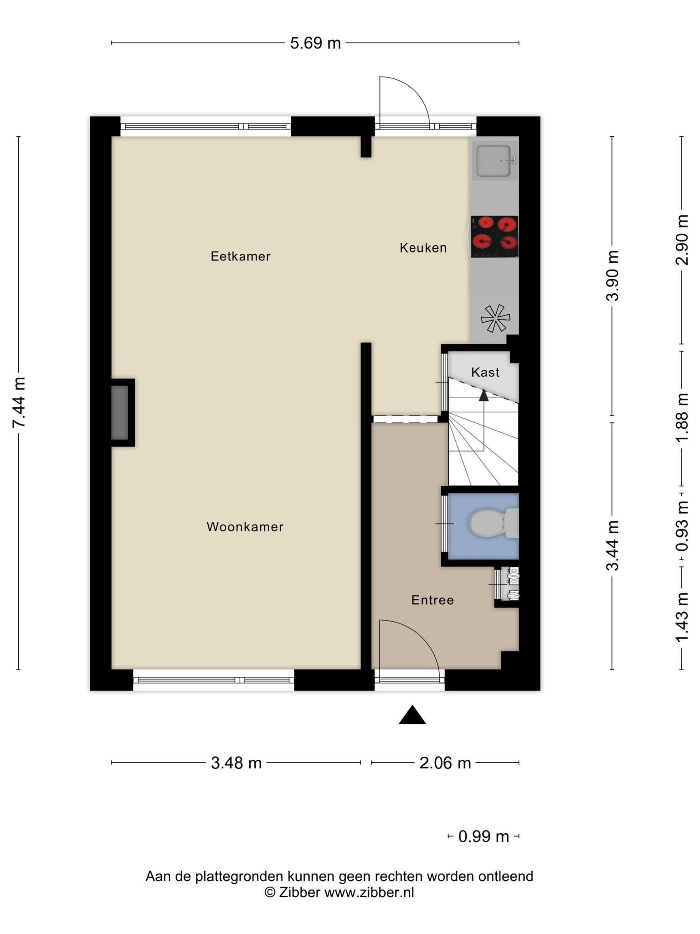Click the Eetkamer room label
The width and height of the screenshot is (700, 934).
[x=241, y=256]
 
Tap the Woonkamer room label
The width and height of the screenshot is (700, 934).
[x=245, y=527]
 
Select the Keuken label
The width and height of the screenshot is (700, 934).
[x=423, y=248]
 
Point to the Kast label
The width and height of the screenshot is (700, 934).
[x=485, y=372]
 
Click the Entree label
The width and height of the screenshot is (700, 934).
[x=432, y=600]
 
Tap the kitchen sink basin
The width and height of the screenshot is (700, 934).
[x=494, y=161]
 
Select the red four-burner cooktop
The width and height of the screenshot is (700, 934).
[x=494, y=237]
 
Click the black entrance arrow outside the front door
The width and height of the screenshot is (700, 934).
[x=412, y=715]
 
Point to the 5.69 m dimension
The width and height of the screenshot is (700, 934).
[x=315, y=43]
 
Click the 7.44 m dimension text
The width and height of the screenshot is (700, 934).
[x=19, y=402]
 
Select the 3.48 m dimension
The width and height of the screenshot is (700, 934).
[x=236, y=763]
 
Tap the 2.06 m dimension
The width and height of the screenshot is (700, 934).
[x=445, y=763]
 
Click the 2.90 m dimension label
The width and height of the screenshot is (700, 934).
[x=682, y=240]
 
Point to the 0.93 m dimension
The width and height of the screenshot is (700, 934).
[x=682, y=526]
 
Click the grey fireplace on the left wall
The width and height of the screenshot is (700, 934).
[x=120, y=412]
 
